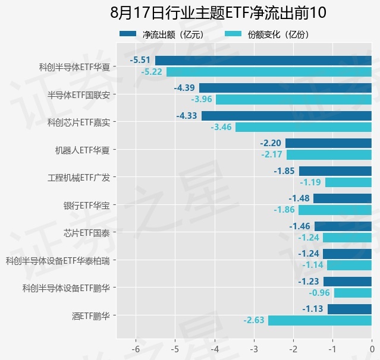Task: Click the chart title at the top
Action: [218, 12]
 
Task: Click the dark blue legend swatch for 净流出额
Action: [128, 34]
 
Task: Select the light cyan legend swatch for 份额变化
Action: [233, 34]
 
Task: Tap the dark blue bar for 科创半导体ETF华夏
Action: [263, 61]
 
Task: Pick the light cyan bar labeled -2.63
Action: [320, 320]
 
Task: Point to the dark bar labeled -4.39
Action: [285, 88]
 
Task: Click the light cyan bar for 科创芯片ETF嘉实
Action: [304, 127]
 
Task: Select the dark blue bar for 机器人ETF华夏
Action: [329, 143]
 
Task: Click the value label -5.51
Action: [140, 60]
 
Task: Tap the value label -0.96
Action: [319, 293]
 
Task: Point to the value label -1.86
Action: [284, 210]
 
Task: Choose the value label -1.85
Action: [284, 171]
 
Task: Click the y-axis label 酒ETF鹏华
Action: [91, 316]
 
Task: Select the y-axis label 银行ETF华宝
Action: [87, 206]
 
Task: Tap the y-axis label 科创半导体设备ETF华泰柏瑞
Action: [58, 261]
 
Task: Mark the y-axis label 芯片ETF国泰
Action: [87, 233]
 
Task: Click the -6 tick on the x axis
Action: [136, 349]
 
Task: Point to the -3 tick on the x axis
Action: [254, 349]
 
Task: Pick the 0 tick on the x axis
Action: [372, 349]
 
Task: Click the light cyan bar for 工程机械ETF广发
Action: [348, 182]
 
